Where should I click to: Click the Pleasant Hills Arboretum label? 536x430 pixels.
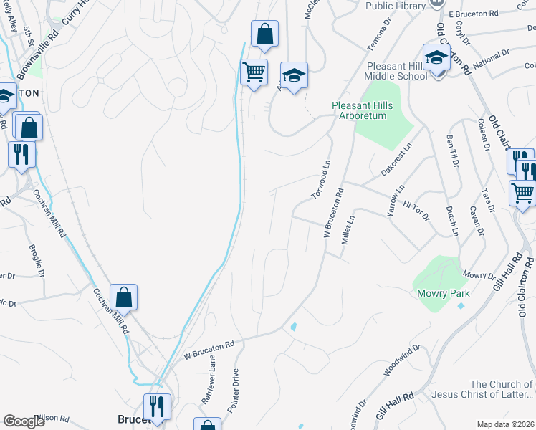(x=363, y=110)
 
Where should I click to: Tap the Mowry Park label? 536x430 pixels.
(x=444, y=294)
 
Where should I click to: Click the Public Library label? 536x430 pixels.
(x=396, y=6)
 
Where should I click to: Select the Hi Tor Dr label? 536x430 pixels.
(x=415, y=210)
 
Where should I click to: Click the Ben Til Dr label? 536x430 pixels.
(x=451, y=150)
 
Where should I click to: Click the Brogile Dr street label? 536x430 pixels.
(x=37, y=262)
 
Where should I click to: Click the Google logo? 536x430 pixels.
(x=24, y=421)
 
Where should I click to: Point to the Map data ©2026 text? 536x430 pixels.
(x=505, y=424)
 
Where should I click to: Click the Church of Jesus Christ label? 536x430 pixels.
(x=501, y=389)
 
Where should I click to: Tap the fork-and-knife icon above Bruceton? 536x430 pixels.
(x=157, y=406)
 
